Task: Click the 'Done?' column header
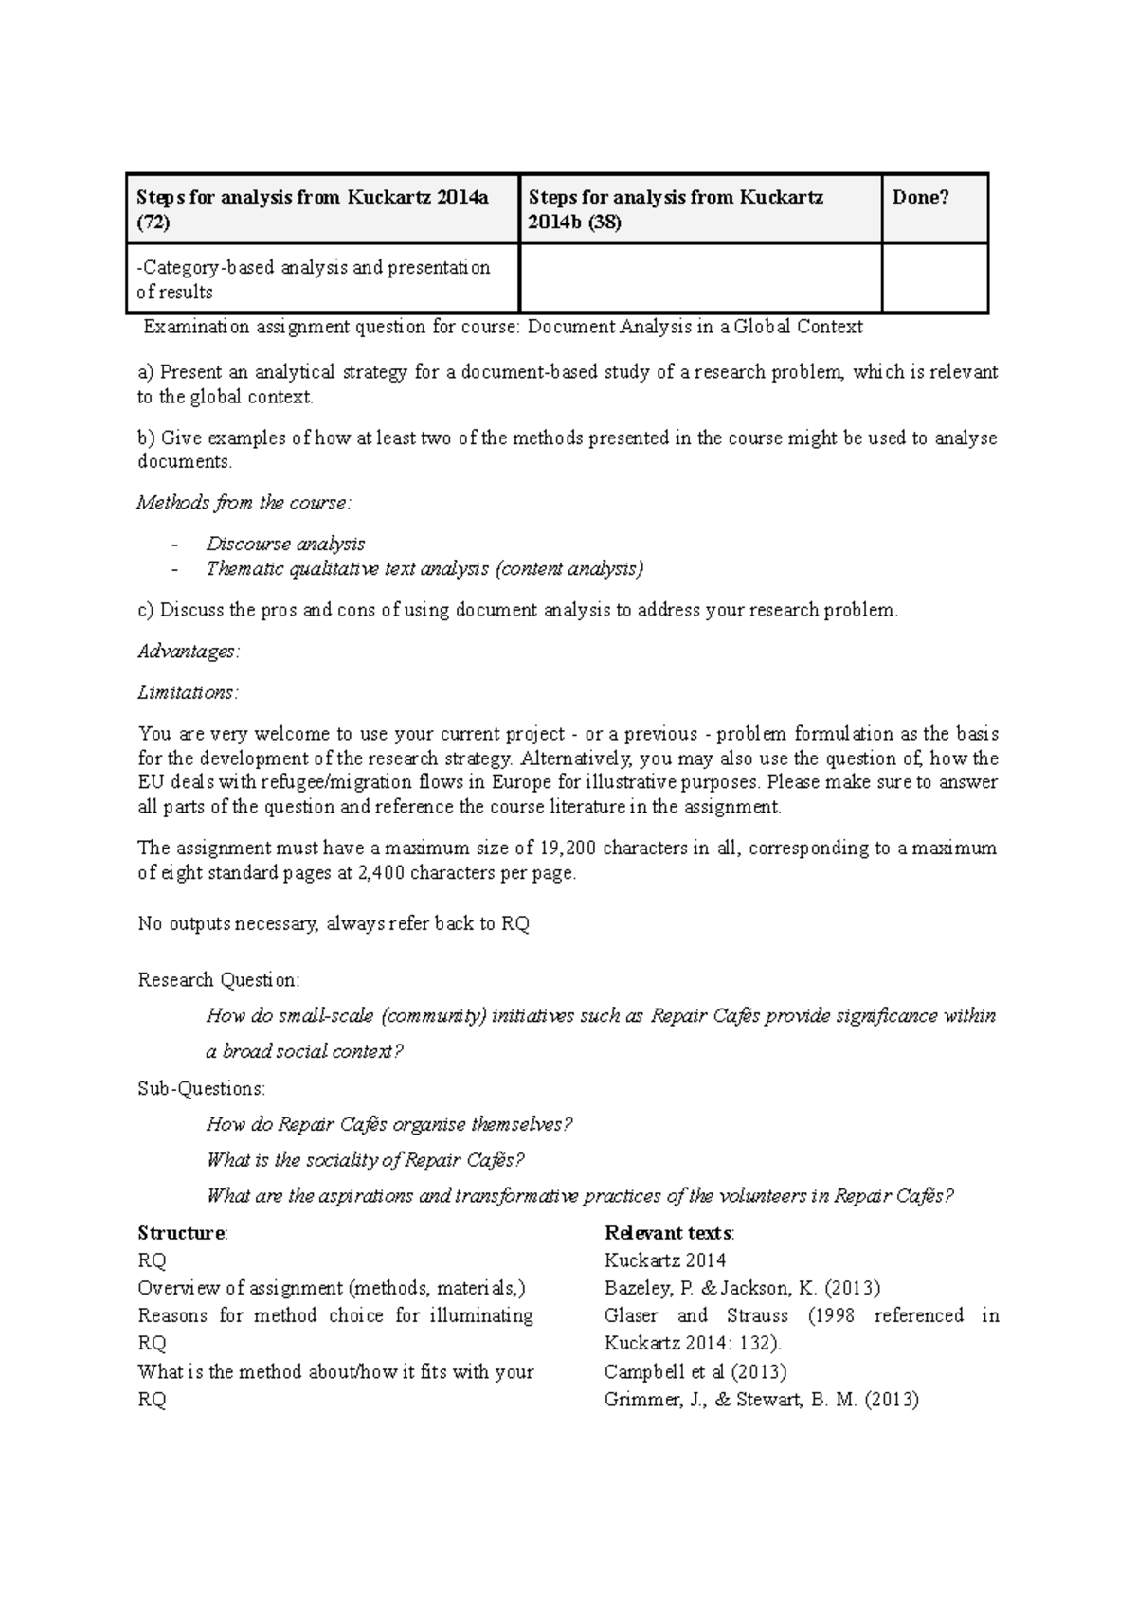coord(920,197)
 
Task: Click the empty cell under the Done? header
coord(934,278)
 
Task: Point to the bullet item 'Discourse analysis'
coord(285,544)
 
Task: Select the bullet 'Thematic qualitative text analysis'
coord(424,568)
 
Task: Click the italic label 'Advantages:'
coord(189,652)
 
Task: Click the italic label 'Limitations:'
coord(188,692)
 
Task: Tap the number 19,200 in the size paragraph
coord(568,848)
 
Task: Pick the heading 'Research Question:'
coord(219,979)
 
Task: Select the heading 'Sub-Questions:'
coord(202,1088)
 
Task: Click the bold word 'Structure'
coord(181,1233)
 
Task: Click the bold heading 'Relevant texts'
coord(668,1233)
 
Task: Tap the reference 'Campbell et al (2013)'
coord(695,1371)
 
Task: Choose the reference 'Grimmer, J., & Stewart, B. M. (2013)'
coord(761,1399)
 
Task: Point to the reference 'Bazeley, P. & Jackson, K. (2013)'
coord(742,1288)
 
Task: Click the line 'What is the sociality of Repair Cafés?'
coord(365,1160)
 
